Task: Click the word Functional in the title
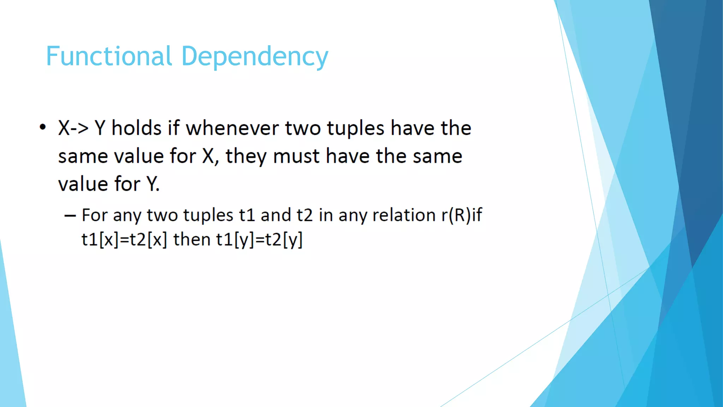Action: (x=109, y=56)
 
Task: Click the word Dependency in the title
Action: (x=255, y=57)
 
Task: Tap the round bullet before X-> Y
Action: (x=43, y=127)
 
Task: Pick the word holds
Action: (x=136, y=128)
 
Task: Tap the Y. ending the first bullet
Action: (x=153, y=184)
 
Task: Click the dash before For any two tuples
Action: (x=70, y=216)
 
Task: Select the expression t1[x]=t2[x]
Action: (x=124, y=240)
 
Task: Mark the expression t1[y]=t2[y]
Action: (x=259, y=240)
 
